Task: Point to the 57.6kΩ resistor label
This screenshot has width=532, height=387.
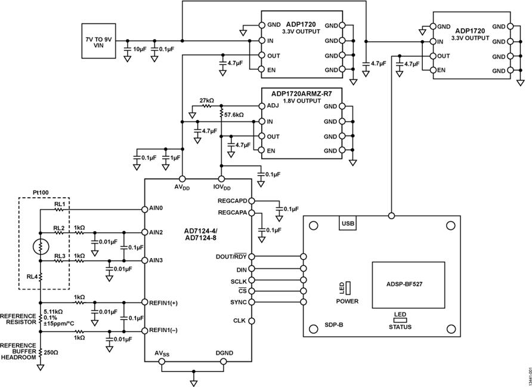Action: click(235, 113)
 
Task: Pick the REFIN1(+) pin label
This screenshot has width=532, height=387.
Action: click(165, 303)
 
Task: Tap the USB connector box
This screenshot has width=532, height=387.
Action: click(348, 223)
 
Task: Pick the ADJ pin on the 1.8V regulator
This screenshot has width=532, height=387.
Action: click(272, 106)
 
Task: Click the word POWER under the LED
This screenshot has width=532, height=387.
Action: click(347, 302)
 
